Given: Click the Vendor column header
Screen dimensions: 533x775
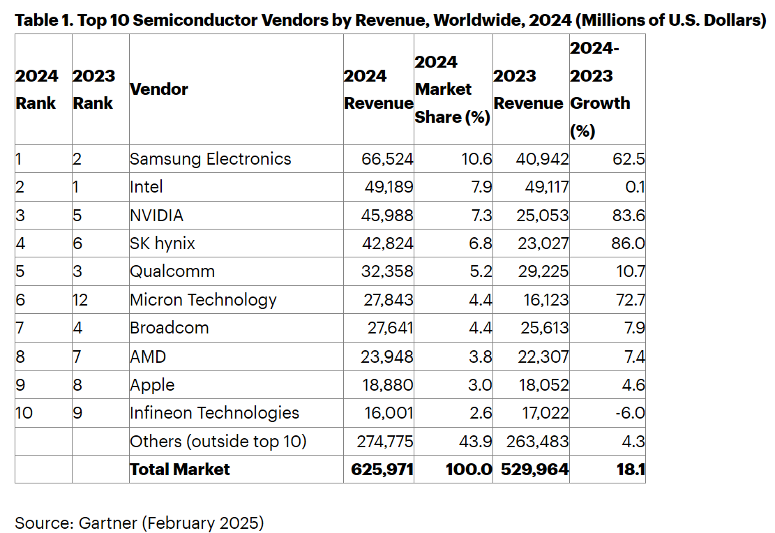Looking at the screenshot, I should pyautogui.click(x=159, y=89).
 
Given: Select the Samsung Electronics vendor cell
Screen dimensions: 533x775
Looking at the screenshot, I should pyautogui.click(x=211, y=159).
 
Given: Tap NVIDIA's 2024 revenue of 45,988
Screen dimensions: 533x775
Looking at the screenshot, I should pyautogui.click(x=388, y=216).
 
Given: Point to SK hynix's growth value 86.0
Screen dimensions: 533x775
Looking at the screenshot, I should pyautogui.click(x=626, y=243).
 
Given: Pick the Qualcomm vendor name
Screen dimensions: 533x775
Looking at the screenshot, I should pyautogui.click(x=172, y=271).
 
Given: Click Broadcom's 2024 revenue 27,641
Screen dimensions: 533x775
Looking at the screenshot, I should pyautogui.click(x=389, y=328).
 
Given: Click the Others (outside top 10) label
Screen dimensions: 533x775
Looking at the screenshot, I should pyautogui.click(x=218, y=442).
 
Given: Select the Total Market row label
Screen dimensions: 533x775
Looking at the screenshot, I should pyautogui.click(x=180, y=470).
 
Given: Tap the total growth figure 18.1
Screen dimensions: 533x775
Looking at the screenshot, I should pyautogui.click(x=630, y=470).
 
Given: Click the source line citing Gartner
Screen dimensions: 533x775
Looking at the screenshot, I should pyautogui.click(x=140, y=523).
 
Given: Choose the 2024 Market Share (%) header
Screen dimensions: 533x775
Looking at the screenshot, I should pyautogui.click(x=452, y=89).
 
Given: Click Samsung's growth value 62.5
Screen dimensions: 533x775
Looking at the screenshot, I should pyautogui.click(x=626, y=159).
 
